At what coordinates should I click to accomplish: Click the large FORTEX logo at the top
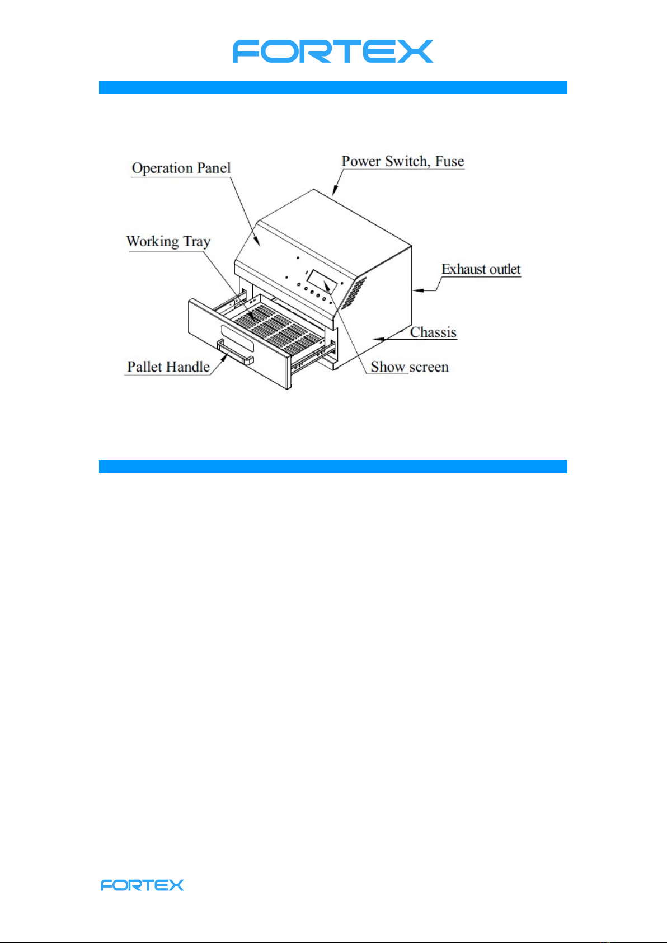333,51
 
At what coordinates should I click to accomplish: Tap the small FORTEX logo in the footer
142,885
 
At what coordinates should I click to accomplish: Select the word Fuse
450,161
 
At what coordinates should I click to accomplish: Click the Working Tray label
168,242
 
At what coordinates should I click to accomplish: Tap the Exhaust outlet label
481,270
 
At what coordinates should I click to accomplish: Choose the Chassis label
433,332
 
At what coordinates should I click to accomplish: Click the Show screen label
410,367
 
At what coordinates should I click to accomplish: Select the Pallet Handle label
168,367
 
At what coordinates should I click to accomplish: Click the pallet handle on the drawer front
235,353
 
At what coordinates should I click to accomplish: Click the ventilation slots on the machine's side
351,293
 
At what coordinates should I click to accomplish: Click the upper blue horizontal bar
333,87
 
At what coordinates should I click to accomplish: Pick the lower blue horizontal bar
333,467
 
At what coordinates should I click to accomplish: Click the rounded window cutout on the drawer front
237,339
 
